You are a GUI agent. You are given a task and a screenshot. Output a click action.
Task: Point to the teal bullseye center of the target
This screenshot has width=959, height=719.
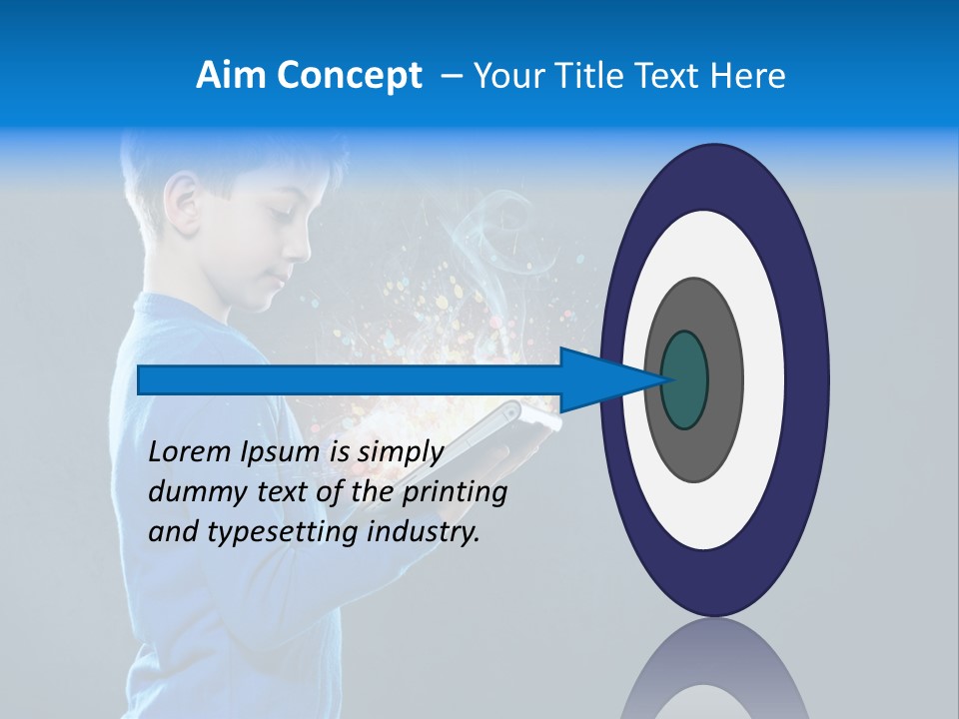click(x=684, y=379)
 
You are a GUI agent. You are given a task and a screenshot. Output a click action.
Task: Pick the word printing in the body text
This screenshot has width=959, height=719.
click(x=454, y=492)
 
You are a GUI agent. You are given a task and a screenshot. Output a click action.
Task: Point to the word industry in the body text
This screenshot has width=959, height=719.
click(x=423, y=532)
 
